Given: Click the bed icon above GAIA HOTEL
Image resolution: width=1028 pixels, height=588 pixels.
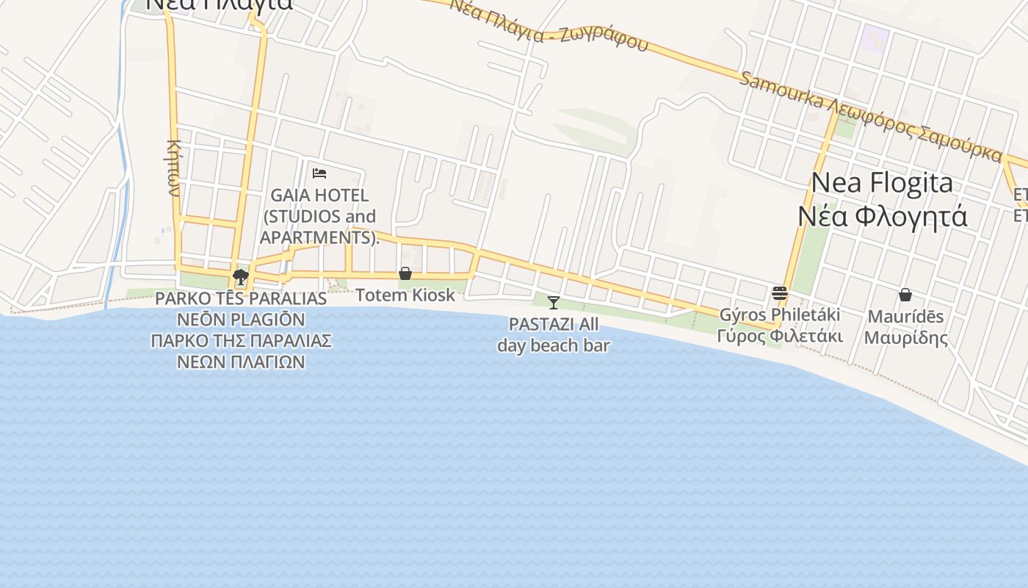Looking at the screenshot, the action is (x=319, y=173).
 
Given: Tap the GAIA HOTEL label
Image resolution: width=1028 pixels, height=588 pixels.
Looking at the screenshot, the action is (x=319, y=196).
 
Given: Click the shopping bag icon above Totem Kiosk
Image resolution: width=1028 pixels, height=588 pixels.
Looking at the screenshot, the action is (x=405, y=274).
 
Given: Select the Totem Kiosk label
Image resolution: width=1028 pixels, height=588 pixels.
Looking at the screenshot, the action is (x=405, y=295).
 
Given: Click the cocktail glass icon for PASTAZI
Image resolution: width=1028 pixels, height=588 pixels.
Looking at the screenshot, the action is (x=554, y=302).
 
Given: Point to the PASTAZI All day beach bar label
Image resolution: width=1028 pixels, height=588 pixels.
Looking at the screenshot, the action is (x=554, y=334).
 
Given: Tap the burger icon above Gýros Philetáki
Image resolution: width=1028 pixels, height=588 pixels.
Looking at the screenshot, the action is (x=780, y=293).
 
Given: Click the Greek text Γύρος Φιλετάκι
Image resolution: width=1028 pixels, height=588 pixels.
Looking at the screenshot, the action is (x=780, y=337).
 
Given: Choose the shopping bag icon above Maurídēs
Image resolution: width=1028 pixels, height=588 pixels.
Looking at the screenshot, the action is (x=905, y=295).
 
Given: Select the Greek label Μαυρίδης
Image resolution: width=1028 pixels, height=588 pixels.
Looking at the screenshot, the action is (x=905, y=338).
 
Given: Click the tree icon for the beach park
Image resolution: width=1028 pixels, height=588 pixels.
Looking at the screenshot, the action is (x=240, y=277).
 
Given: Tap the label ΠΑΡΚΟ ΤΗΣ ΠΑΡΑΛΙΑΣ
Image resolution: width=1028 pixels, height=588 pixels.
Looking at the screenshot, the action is (x=242, y=341).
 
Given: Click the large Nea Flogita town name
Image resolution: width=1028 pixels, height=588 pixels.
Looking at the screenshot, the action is (x=882, y=183).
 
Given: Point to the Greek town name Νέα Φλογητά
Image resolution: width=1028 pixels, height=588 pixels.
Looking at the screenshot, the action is (x=882, y=217).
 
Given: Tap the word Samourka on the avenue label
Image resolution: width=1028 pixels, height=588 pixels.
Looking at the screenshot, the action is (x=781, y=90).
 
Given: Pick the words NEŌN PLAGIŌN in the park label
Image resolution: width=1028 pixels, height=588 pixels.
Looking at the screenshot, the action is (x=241, y=320).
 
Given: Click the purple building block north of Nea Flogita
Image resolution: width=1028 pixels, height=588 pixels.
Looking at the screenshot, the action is (x=875, y=37).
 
